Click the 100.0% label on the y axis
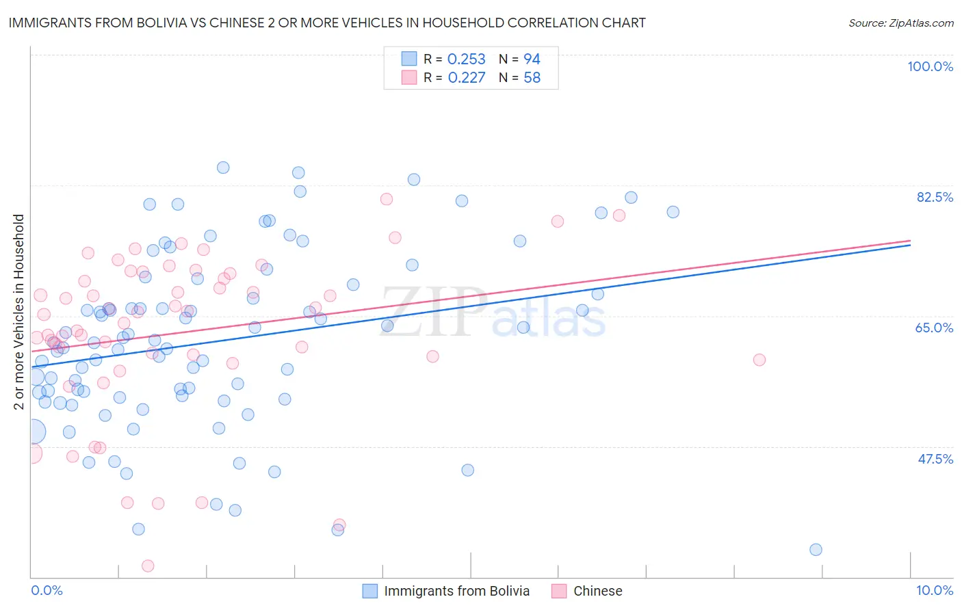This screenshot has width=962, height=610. (x=930, y=66)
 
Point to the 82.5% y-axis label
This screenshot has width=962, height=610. (x=935, y=197)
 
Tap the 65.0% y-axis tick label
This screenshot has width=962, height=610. (x=934, y=328)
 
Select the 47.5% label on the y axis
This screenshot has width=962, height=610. (x=935, y=459)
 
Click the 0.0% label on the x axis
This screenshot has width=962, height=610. (x=47, y=590)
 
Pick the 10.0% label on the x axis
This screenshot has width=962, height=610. (x=935, y=590)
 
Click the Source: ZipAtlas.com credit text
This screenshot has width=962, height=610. (x=900, y=23)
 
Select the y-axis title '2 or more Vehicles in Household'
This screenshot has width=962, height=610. (x=19, y=312)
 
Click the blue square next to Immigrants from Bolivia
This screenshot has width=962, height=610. (x=370, y=591)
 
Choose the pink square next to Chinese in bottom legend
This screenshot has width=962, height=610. (x=559, y=591)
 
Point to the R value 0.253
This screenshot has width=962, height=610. (x=466, y=59)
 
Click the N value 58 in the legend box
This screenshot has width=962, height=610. (x=532, y=78)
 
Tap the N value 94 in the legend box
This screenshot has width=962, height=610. (x=532, y=59)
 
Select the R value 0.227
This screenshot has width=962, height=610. (x=466, y=78)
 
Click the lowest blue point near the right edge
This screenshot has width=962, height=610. (x=816, y=550)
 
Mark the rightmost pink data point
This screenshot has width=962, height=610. (x=759, y=360)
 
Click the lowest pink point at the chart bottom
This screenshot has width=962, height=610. (x=148, y=566)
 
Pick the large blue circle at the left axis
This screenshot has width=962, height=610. (x=33, y=432)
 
